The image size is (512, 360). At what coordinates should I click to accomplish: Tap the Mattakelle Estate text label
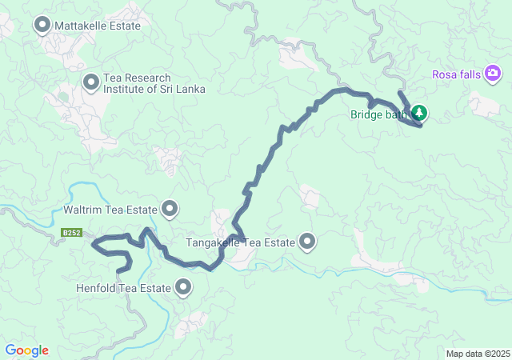98,26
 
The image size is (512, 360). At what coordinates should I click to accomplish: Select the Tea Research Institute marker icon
91,81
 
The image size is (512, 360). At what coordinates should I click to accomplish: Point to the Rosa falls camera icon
493,74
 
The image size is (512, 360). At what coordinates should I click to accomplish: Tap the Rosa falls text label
455,74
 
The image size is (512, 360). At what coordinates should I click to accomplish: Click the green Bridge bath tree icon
418,114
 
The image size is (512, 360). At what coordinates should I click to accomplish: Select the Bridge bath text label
378,114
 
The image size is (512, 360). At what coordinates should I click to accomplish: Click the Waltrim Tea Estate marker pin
170,210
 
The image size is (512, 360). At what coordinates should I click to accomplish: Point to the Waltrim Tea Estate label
110,210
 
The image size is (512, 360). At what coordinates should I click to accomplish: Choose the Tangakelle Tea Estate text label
241,242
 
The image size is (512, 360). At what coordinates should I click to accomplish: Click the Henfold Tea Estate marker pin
184,287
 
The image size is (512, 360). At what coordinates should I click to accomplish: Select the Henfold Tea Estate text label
123,288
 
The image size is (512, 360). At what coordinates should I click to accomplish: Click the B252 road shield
71,234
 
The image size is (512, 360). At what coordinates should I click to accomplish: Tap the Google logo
26,350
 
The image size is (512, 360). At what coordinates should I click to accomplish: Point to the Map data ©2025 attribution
478,354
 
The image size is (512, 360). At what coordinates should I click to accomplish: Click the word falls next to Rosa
467,74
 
